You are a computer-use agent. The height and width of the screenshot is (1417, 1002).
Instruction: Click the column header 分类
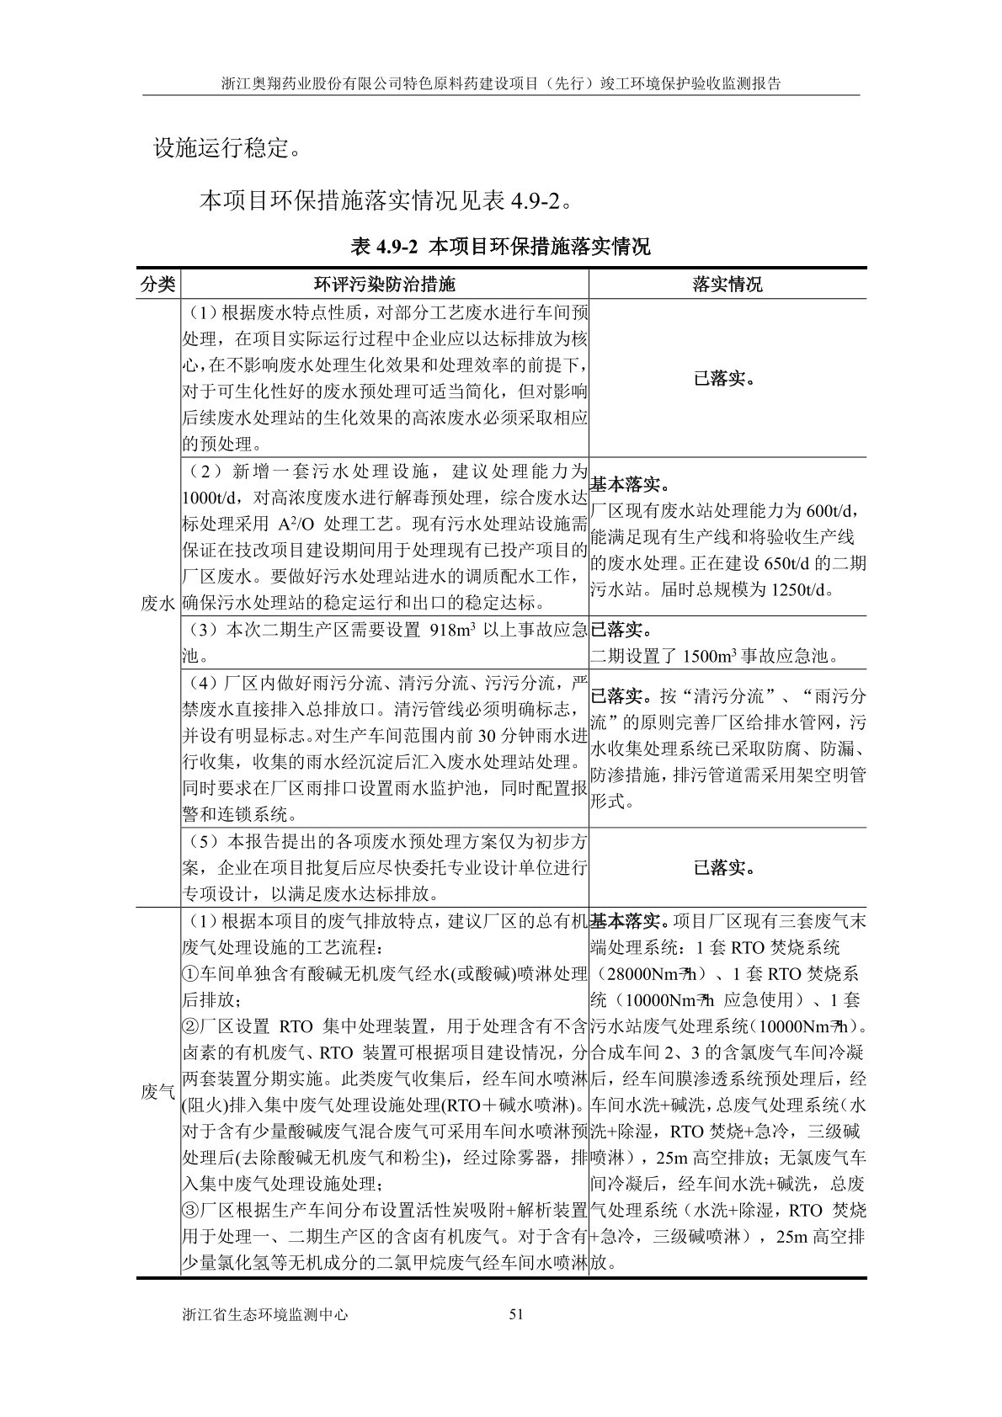[x=157, y=284]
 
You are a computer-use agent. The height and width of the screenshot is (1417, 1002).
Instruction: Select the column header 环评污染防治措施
[x=384, y=284]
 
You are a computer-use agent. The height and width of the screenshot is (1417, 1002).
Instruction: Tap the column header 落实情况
[x=728, y=284]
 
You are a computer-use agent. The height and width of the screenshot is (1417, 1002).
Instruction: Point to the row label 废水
[x=157, y=603]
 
